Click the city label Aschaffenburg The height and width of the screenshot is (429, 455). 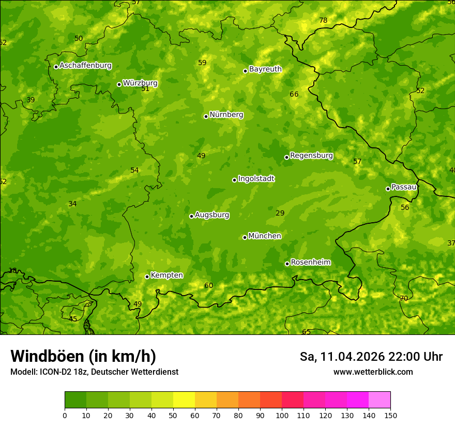click(x=85, y=66)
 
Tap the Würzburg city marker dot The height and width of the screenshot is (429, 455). click(x=119, y=84)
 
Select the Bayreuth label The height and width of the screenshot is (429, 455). click(x=265, y=69)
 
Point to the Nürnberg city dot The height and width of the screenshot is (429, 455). click(x=206, y=116)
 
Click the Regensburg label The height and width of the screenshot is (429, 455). click(x=311, y=155)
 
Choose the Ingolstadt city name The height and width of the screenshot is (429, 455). click(x=256, y=179)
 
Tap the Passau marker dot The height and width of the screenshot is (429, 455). click(x=388, y=189)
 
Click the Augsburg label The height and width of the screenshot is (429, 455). click(x=212, y=215)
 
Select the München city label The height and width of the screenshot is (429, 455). click(x=265, y=236)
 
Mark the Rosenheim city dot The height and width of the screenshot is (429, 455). click(x=287, y=264)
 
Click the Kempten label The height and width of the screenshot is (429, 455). click(x=166, y=275)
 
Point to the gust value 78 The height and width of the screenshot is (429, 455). click(x=323, y=21)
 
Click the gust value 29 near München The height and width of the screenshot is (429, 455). click(x=280, y=213)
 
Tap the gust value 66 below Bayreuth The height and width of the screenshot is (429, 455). click(x=294, y=94)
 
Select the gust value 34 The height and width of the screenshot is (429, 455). click(x=72, y=204)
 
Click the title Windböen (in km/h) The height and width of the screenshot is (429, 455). click(x=83, y=356)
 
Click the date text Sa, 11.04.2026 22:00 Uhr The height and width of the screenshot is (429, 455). click(x=371, y=357)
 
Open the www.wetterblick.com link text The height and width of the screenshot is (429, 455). click(x=373, y=372)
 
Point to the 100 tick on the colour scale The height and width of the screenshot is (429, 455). click(x=282, y=415)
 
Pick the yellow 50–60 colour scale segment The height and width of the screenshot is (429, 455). click(x=184, y=400)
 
